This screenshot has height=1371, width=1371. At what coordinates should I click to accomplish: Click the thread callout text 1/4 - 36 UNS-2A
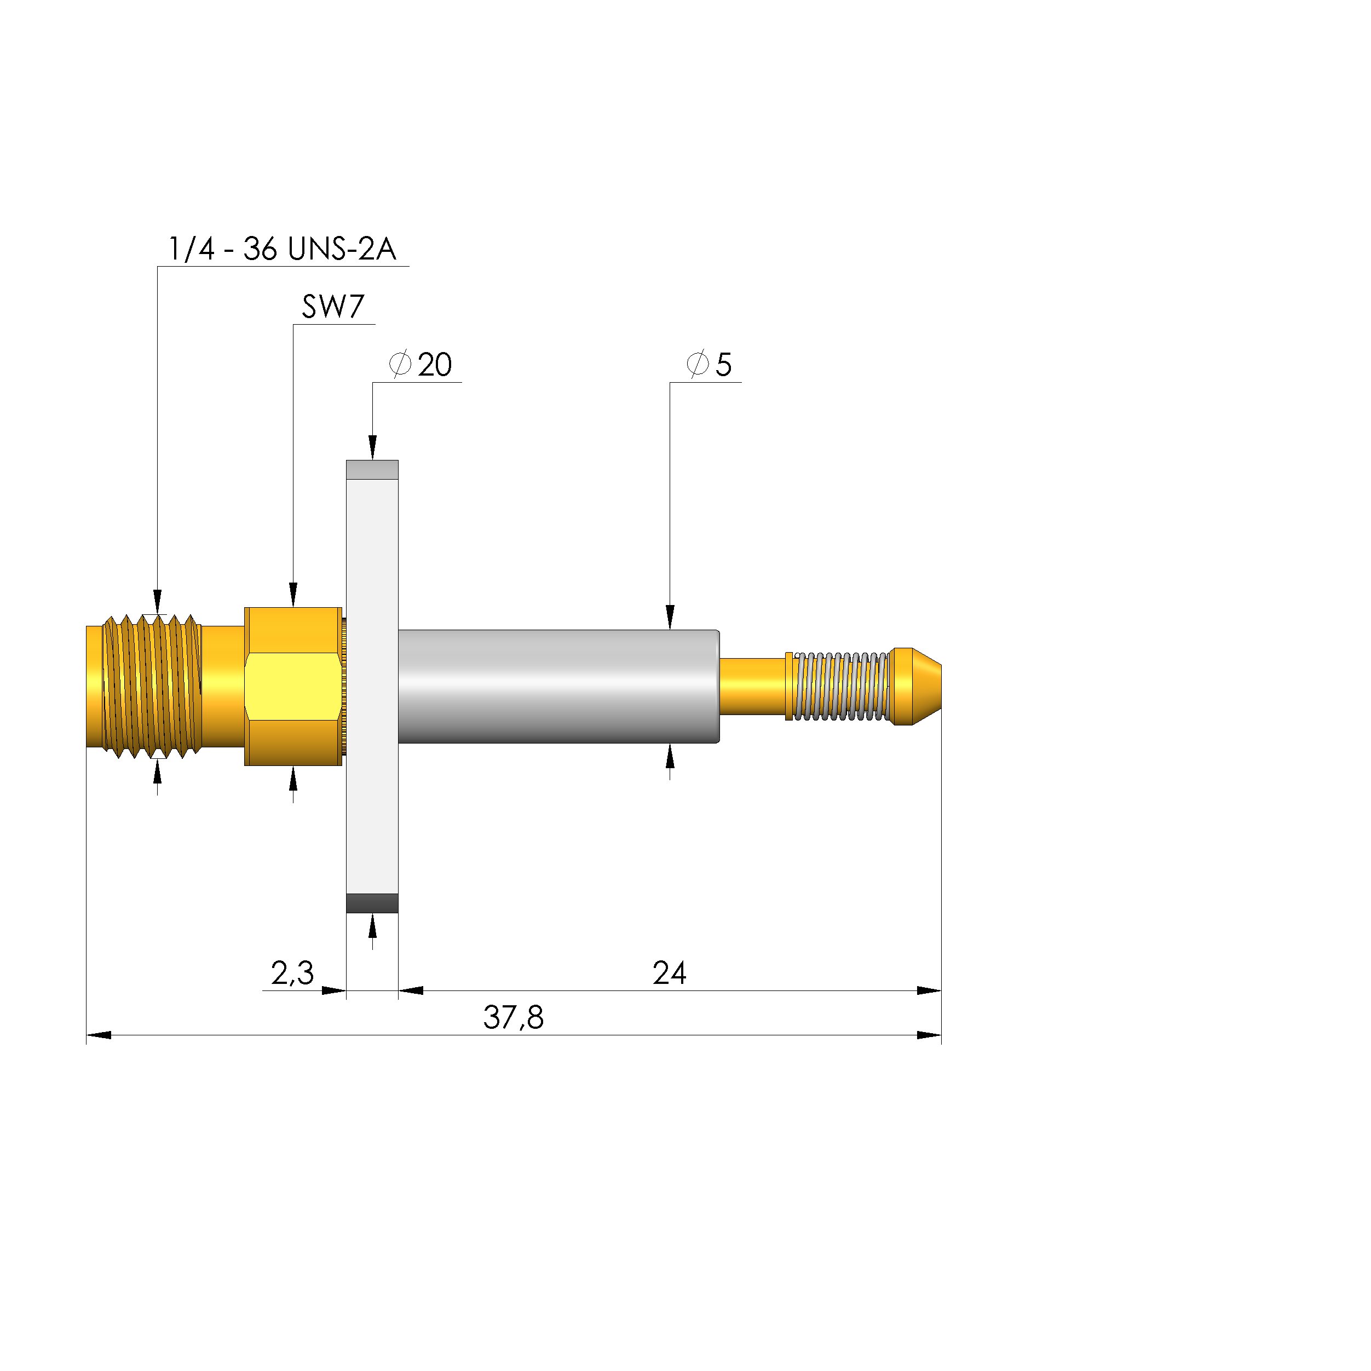(x=283, y=249)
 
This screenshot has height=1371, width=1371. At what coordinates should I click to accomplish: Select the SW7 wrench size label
(x=333, y=307)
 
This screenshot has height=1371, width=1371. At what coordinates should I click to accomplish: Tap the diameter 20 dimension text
(x=422, y=365)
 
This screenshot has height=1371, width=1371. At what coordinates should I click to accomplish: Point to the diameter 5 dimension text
(x=710, y=365)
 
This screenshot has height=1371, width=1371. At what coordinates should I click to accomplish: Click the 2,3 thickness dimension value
(x=292, y=973)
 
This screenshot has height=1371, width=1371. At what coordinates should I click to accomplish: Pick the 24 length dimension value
(x=669, y=973)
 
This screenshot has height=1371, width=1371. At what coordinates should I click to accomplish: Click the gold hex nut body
(x=293, y=686)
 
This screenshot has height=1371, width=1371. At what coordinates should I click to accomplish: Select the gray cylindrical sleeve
(x=558, y=686)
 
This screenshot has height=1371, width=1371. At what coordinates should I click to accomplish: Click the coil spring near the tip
(x=839, y=686)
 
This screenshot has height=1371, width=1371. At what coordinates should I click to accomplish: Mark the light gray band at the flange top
(x=372, y=470)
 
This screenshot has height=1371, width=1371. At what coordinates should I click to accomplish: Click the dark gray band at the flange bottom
(x=372, y=903)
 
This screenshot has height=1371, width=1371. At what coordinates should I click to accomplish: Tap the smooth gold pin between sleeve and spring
(x=752, y=686)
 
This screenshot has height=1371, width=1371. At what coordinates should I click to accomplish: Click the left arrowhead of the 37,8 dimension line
(x=99, y=1035)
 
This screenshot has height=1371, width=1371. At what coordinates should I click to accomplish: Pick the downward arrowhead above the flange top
(x=372, y=447)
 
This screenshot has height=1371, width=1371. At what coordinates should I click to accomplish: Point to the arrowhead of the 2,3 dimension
(x=333, y=990)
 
